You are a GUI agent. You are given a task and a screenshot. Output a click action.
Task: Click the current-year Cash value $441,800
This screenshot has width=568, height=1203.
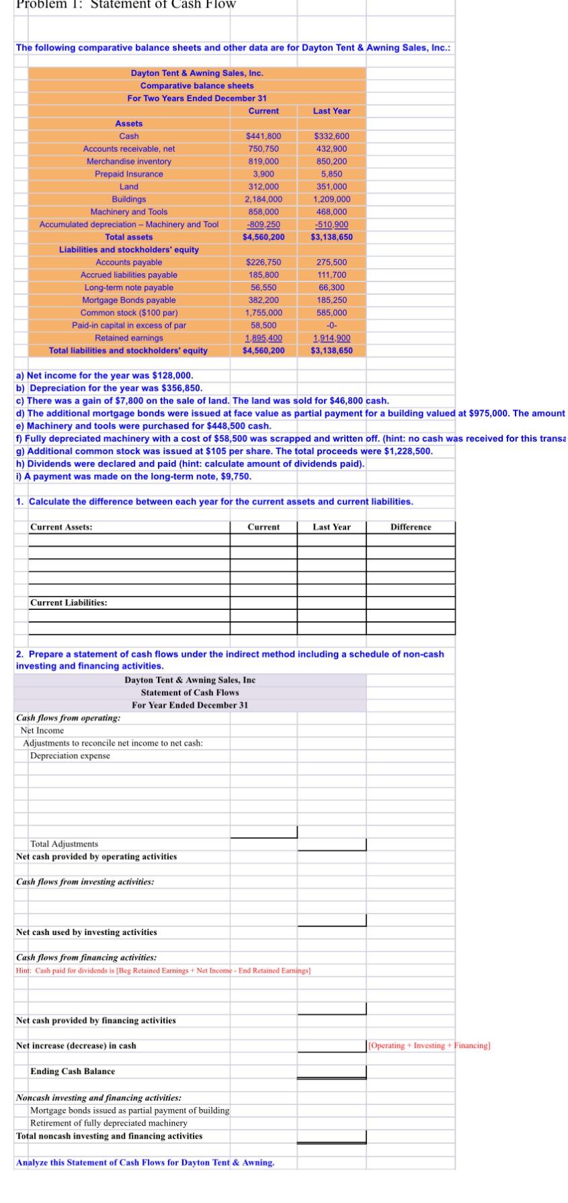tap(263, 136)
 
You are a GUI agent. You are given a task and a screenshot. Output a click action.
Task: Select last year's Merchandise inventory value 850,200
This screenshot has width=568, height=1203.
tap(331, 161)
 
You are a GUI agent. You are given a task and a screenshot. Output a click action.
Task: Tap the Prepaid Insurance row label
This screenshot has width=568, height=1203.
tap(128, 174)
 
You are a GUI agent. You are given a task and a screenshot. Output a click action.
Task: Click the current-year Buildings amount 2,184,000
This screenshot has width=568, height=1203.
tap(263, 199)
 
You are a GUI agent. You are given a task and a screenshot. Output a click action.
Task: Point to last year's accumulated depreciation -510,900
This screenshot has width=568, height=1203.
tap(331, 224)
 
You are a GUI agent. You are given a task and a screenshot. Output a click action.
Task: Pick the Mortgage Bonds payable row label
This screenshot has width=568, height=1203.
tap(128, 300)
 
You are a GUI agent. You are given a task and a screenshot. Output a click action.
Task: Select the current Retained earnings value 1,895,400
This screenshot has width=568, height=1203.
tap(263, 338)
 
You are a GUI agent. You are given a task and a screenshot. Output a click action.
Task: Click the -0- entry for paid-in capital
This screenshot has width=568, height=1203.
tap(331, 325)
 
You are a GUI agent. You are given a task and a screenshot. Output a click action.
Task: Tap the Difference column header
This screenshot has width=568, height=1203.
tap(411, 527)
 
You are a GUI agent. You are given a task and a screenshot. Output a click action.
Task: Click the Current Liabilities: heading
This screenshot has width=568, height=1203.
tap(68, 603)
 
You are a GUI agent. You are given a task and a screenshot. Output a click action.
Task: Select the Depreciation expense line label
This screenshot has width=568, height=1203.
tap(70, 756)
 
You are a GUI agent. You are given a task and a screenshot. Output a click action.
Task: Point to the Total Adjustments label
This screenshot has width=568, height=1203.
tap(64, 844)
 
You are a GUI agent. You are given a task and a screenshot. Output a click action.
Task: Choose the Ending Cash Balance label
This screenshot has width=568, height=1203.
tap(72, 1071)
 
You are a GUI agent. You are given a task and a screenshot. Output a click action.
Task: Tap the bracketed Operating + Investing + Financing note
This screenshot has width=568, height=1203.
tap(430, 1045)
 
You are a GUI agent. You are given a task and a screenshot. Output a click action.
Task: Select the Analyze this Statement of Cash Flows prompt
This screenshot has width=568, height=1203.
tap(145, 1162)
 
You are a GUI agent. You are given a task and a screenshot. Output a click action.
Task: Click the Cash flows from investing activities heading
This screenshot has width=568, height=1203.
tap(85, 881)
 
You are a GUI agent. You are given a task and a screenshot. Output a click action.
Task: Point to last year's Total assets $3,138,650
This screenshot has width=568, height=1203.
tap(331, 237)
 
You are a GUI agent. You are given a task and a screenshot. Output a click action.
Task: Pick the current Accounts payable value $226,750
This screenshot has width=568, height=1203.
tap(263, 262)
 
